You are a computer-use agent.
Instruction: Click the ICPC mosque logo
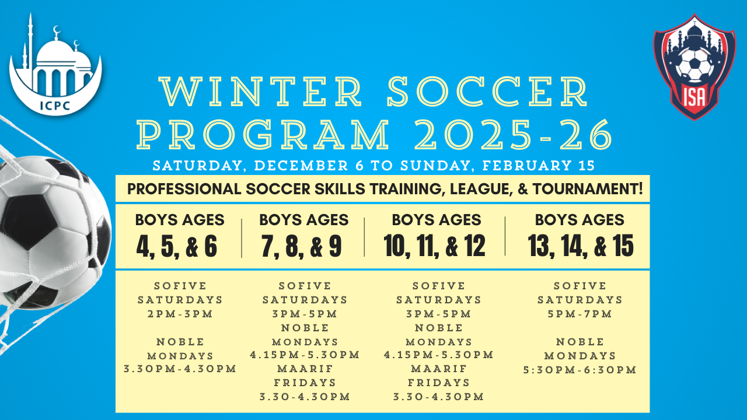(x=55, y=65)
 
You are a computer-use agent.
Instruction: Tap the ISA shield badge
(x=694, y=66)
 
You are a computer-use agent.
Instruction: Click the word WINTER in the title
(x=261, y=92)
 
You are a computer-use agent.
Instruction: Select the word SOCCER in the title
(x=487, y=92)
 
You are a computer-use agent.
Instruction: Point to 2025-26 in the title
(x=514, y=134)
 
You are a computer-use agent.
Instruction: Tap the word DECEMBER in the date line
(x=301, y=166)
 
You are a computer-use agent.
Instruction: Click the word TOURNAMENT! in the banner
(x=588, y=189)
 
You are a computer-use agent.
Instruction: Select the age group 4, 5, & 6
(x=177, y=246)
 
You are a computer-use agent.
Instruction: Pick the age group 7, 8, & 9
(x=302, y=246)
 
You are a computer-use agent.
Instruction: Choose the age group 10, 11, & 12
(x=435, y=246)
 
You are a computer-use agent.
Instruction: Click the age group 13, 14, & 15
(x=581, y=246)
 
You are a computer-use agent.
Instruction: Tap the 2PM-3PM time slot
(x=180, y=314)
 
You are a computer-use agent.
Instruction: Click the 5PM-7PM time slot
(x=580, y=314)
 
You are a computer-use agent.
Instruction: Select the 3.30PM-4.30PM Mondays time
(x=180, y=369)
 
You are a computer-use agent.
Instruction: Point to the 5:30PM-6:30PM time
(x=580, y=370)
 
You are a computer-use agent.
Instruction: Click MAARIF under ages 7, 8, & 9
(x=305, y=369)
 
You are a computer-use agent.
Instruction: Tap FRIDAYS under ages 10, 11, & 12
(x=439, y=383)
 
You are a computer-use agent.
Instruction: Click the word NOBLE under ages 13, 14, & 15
(x=580, y=342)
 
